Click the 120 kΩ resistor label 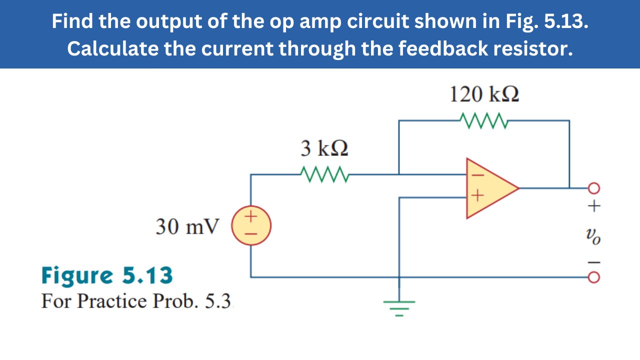[x=484, y=94]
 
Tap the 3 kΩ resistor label [x=324, y=148]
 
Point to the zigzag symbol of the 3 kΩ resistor [x=324, y=174]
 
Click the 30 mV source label [x=187, y=227]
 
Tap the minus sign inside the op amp [x=476, y=175]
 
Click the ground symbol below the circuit [x=399, y=305]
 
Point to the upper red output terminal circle [x=594, y=188]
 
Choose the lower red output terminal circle [x=594, y=276]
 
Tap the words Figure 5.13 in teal [x=107, y=275]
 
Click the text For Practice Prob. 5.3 [x=138, y=301]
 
